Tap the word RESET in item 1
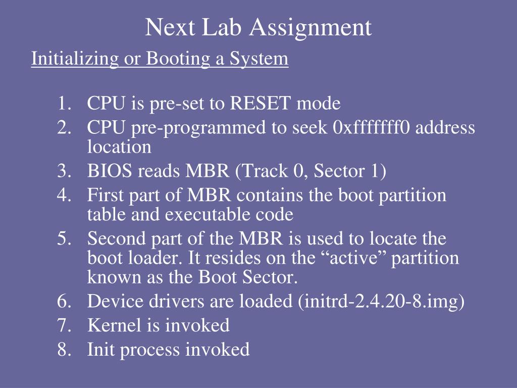pyautogui.click(x=261, y=104)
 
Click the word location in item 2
pyautogui.click(x=119, y=147)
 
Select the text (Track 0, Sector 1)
pyautogui.click(x=311, y=171)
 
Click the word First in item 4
pyautogui.click(x=104, y=195)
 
